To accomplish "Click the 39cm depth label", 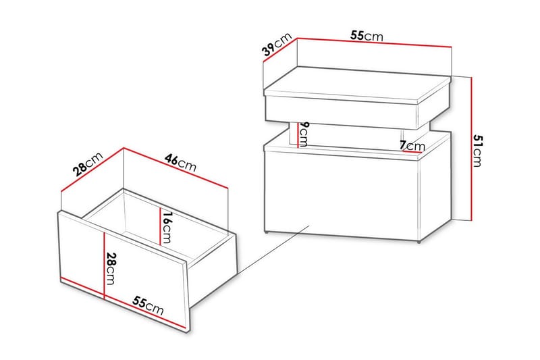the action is (x=277, y=44).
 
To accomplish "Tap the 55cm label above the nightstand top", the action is (x=367, y=36).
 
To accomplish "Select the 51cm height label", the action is (x=477, y=151).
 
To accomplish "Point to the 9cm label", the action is (x=303, y=134).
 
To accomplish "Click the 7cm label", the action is (x=412, y=146).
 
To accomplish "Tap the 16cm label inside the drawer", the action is (x=167, y=228).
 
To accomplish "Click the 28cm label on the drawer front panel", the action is (x=111, y=269).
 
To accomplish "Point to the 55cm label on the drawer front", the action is (x=148, y=305).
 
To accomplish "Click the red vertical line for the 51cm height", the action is (x=470, y=149).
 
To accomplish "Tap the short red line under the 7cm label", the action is (x=413, y=151).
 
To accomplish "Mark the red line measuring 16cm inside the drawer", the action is (x=160, y=227).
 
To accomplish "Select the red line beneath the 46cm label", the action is (x=175, y=168).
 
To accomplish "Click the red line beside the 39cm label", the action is (x=280, y=49).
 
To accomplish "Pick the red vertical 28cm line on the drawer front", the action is (x=104, y=265).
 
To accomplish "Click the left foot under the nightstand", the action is (x=268, y=233).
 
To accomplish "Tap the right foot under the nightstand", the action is (x=418, y=242).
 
